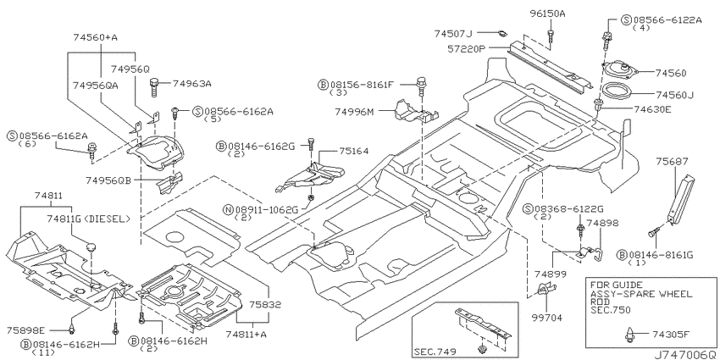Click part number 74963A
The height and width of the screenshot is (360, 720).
pos(192,84)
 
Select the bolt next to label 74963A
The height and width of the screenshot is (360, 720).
pos(154,86)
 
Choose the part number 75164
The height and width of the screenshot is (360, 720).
pos(354,151)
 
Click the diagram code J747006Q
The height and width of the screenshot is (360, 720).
pos(685,355)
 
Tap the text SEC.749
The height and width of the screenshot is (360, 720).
pos(435,352)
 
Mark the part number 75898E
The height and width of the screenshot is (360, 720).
pos(25,330)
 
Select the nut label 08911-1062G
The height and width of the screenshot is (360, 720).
pos(267,210)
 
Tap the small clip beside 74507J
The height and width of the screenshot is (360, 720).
pos(502,32)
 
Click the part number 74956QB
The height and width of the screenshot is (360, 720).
pos(108,180)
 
